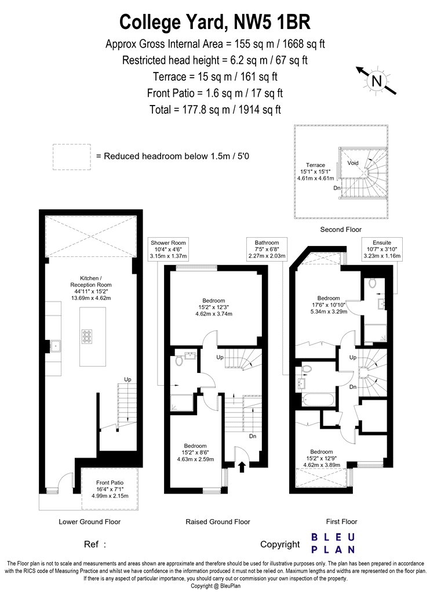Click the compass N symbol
[377, 81]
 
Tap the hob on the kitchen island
[87, 336]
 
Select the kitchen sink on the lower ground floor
[56, 346]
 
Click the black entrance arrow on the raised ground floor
[242, 466]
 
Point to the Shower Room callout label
[169, 249]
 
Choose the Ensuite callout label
[382, 249]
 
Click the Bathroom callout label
[267, 249]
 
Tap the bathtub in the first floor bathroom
[318, 400]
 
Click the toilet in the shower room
[179, 361]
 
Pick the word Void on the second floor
[353, 163]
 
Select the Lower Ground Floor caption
[90, 521]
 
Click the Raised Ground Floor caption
[218, 521]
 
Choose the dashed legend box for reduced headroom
[72, 157]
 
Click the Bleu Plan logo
[333, 543]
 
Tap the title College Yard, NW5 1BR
[214, 22]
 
